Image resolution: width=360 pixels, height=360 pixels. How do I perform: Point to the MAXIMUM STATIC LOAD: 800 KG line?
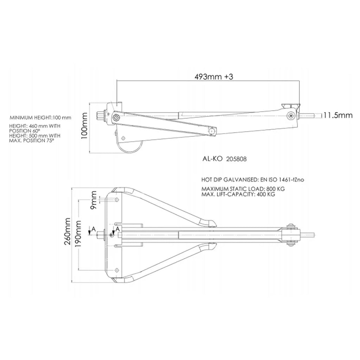click(243, 188)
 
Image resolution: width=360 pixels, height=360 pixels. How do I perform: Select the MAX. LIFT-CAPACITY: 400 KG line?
click(238, 194)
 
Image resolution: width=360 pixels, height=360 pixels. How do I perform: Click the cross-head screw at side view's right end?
click(291, 115)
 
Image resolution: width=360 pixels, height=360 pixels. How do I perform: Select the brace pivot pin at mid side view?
click(212, 131)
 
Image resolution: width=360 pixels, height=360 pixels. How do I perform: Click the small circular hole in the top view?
click(111, 235)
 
